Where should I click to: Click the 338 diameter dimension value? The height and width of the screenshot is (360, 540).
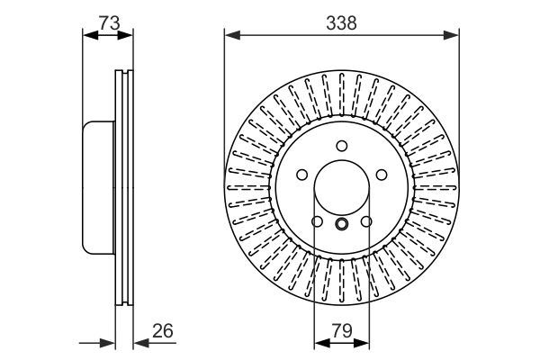(342, 24)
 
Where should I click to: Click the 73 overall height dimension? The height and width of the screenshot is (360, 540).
(109, 24)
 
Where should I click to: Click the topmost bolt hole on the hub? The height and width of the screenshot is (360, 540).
(341, 147)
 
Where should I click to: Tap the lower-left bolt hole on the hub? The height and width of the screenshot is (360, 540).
(317, 221)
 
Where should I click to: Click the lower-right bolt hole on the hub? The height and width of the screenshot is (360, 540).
(366, 221)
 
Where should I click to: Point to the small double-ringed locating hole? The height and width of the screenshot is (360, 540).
(341, 225)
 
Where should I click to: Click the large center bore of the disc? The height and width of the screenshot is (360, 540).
(341, 188)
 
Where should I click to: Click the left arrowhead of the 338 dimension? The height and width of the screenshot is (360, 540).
(229, 36)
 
